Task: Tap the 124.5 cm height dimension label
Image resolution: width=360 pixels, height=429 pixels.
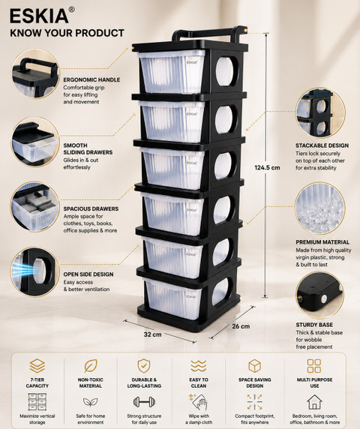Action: coord(267,167)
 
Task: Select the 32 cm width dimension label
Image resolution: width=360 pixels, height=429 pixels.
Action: coord(153,334)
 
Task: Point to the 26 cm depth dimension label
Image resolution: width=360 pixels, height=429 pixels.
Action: coord(241,326)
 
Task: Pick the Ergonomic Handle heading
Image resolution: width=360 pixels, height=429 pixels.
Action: coord(91,80)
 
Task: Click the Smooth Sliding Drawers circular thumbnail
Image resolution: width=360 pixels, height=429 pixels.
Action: coord(35,142)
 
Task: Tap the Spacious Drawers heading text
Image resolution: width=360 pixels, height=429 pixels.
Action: coord(91,208)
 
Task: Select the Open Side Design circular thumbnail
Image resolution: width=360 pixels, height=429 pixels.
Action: coord(35,271)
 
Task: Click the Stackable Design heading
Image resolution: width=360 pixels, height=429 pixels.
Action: coord(322,145)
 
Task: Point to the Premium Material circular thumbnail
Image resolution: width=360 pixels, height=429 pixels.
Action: coord(320,208)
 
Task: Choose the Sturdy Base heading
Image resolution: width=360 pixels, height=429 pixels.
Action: coord(314,325)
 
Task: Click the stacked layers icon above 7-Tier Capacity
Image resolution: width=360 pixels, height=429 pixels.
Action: coord(37,366)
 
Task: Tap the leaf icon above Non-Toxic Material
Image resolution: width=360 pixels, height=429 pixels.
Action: coord(91,366)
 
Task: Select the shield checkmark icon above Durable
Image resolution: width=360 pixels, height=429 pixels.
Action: coord(144,366)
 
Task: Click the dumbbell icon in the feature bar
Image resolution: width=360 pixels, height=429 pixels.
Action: coord(144,402)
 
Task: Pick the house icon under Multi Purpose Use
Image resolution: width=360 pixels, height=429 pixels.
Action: coord(314,402)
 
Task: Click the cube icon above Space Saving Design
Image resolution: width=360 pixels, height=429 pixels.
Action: coord(254,366)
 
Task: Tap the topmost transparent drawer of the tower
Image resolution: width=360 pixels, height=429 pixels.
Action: coord(172,72)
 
